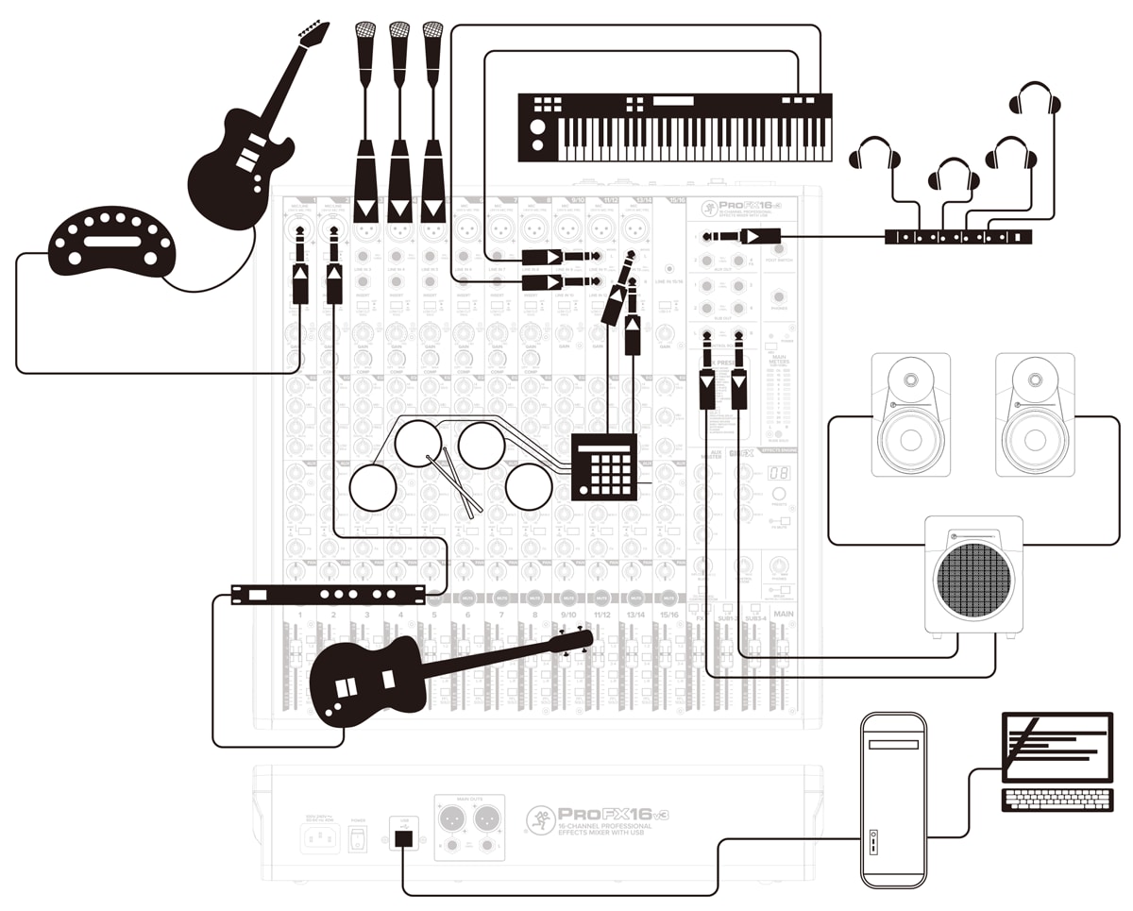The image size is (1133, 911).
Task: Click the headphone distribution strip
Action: (x=957, y=237)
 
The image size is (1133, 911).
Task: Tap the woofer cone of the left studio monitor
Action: (x=910, y=439)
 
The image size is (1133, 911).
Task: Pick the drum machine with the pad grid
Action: (x=604, y=466)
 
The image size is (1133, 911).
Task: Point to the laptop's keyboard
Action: (x=1057, y=799)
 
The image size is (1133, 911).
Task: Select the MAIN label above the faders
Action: (x=783, y=615)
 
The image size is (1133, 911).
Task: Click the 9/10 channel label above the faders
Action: (x=568, y=615)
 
